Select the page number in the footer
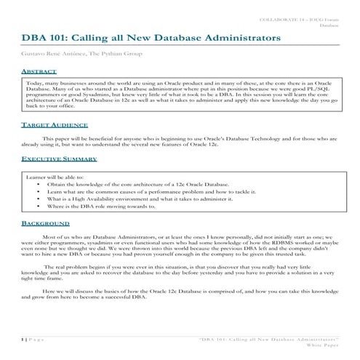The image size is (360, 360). point(23,340)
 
